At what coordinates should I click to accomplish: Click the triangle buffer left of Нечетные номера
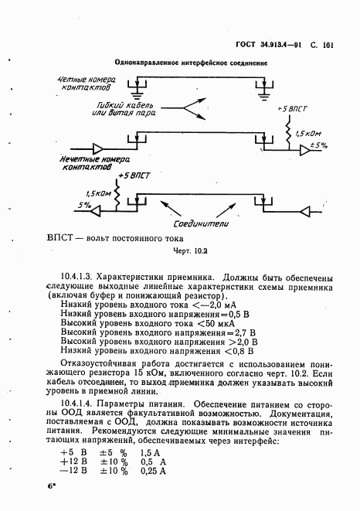click(99, 148)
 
